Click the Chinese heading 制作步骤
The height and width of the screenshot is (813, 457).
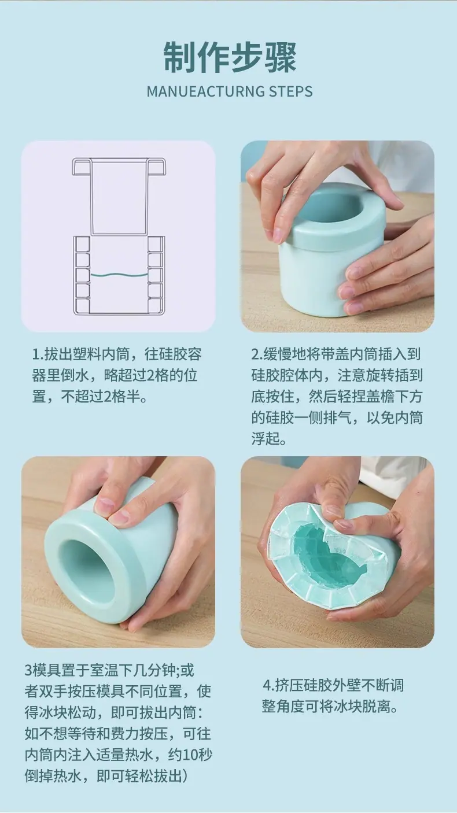(x=230, y=58)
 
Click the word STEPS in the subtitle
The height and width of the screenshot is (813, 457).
(x=290, y=91)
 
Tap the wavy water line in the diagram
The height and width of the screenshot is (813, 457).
(x=119, y=275)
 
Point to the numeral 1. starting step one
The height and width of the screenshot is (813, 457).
(x=38, y=354)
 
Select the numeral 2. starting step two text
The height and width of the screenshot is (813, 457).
(x=257, y=354)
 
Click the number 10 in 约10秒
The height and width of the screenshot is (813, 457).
(x=190, y=755)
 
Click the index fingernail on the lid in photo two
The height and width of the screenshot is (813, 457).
(x=278, y=235)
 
